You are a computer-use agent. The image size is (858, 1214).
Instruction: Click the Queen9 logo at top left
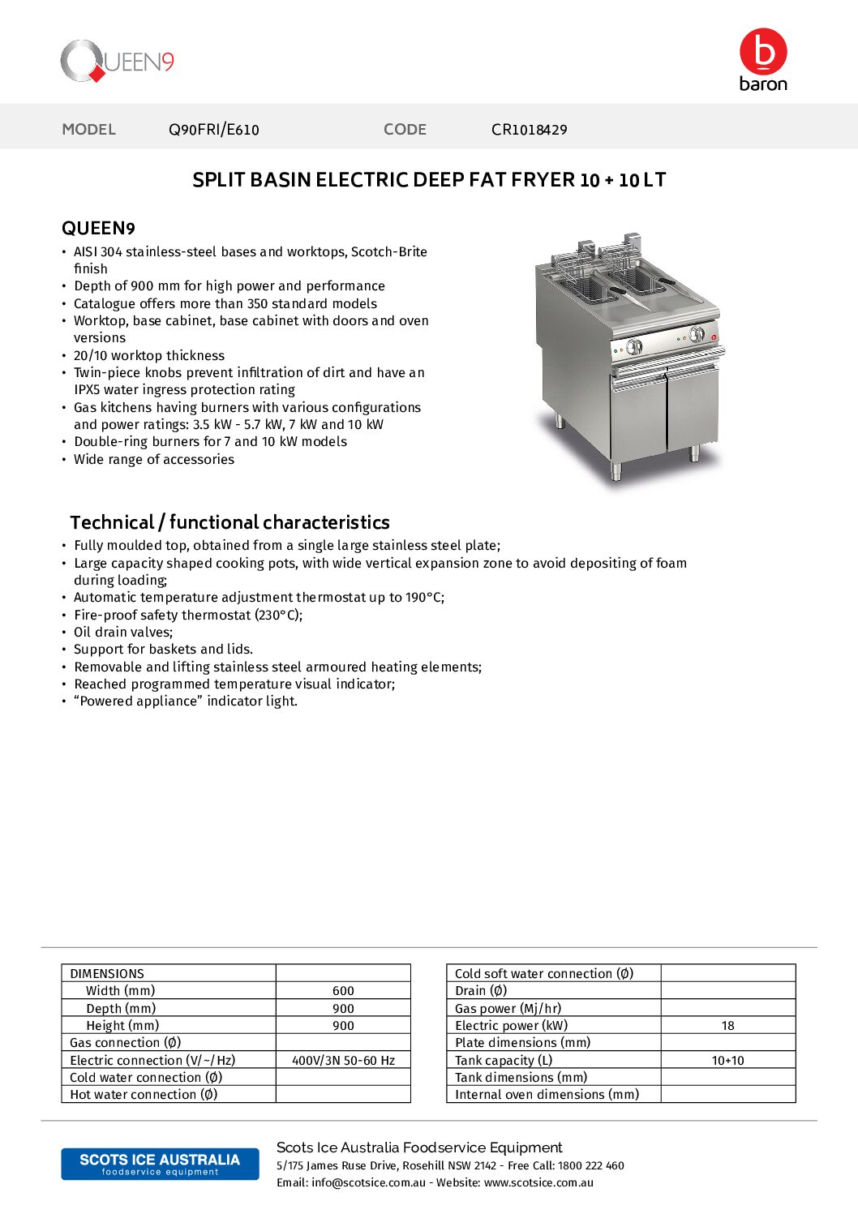point(118,62)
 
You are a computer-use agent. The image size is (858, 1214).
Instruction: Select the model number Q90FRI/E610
point(214,130)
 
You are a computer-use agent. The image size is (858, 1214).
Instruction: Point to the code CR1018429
point(529,130)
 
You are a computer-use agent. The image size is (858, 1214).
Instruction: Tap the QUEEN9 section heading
point(98,228)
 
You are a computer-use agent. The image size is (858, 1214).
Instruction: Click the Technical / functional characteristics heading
point(230,522)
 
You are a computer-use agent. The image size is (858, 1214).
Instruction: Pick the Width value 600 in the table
point(343,991)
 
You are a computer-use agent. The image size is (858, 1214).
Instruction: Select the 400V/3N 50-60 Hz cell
point(343,1060)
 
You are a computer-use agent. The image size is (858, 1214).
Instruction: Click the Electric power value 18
point(727,1026)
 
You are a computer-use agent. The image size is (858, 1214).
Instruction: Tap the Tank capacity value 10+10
point(727,1060)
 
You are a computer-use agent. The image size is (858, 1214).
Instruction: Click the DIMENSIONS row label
point(107,973)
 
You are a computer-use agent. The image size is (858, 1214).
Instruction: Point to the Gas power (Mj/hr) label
point(508,1008)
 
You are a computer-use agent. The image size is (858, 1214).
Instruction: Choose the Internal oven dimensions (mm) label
point(547,1095)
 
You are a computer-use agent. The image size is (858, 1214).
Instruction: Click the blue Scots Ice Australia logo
point(160,1164)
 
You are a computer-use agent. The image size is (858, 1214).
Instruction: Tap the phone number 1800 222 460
point(590,1165)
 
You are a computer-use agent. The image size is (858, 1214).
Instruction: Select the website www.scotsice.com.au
point(538,1182)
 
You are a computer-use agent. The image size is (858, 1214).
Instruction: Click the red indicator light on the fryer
point(714,337)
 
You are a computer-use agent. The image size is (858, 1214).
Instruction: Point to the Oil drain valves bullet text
point(123,632)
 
